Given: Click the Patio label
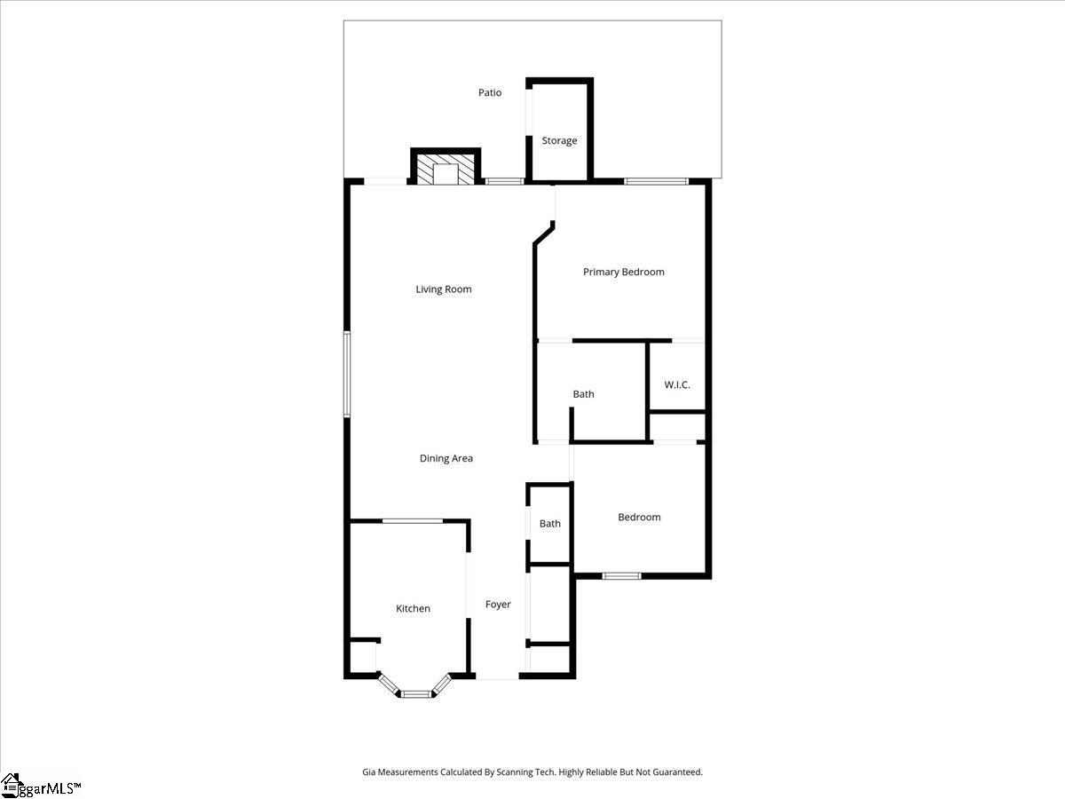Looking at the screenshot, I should (490, 92).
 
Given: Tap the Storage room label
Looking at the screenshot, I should (559, 140).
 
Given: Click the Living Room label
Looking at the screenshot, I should (444, 289).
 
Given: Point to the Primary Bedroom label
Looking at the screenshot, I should (623, 272).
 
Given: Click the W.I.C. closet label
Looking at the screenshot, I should (677, 384).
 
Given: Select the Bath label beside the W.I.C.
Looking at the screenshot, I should (583, 394).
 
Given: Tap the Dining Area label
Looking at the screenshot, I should (446, 458).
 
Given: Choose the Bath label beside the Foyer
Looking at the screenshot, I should (550, 524).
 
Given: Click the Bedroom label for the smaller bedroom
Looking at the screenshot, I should (639, 517).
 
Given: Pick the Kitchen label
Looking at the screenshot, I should (413, 608).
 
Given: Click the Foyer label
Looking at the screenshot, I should (498, 605).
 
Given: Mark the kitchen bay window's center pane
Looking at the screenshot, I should (415, 693).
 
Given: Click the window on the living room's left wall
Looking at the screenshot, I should (347, 374).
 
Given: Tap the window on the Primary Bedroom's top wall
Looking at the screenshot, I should (656, 182).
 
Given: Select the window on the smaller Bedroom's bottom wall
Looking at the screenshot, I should (621, 576).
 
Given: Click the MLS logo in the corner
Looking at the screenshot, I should (41, 786).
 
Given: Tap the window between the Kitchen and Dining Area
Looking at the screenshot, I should (412, 521).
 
